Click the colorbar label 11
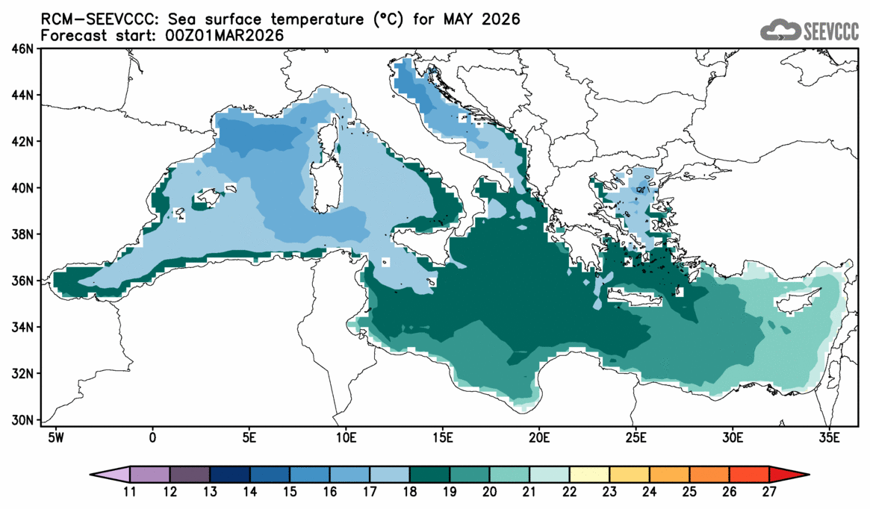coord(130,492)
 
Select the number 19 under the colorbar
coord(450,492)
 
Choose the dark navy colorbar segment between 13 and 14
coord(230,474)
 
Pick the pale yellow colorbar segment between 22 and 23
coord(590,474)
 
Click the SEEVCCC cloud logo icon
coord(780,30)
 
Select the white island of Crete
coord(635,299)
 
